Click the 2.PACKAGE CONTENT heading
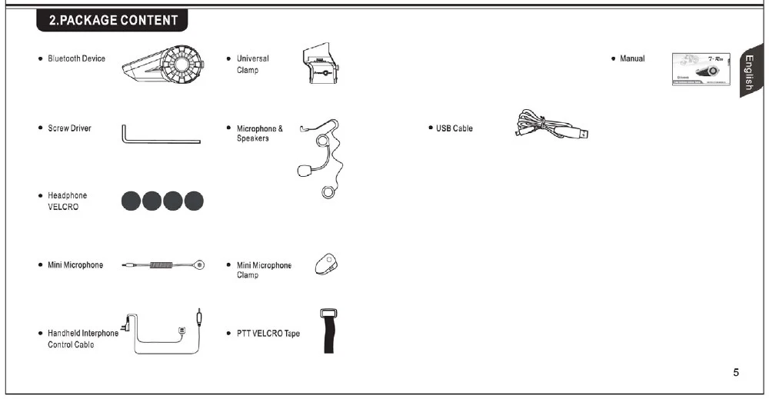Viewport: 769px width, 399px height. click(x=113, y=21)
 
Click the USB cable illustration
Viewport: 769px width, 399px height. click(x=551, y=125)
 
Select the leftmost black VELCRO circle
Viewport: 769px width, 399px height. click(x=131, y=201)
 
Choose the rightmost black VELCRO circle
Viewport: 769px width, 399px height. click(x=195, y=201)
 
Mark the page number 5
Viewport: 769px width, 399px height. click(x=736, y=373)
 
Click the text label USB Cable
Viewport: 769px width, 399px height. click(x=454, y=128)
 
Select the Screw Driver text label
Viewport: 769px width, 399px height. click(x=69, y=128)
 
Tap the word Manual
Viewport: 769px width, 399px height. click(x=632, y=58)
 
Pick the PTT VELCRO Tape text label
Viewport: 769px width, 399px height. click(x=268, y=334)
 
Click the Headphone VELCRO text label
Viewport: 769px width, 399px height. click(x=67, y=201)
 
